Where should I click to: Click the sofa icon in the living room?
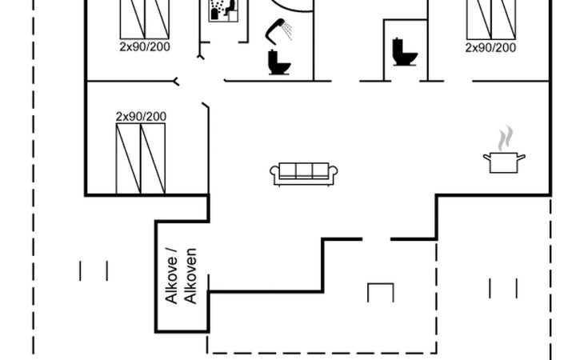[305, 173]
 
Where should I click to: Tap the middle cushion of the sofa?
[305, 170]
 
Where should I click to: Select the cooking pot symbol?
[504, 162]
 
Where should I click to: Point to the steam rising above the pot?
[503, 138]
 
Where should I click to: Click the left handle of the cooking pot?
[486, 158]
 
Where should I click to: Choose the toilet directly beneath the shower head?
[278, 62]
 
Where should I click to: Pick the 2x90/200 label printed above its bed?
[142, 117]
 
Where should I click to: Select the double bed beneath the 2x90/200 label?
[141, 158]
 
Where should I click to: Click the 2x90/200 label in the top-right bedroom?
[490, 47]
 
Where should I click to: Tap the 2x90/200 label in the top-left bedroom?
[145, 47]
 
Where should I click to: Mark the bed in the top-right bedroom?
[490, 18]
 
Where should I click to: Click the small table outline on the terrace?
[380, 292]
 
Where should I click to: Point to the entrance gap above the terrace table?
[376, 238]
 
